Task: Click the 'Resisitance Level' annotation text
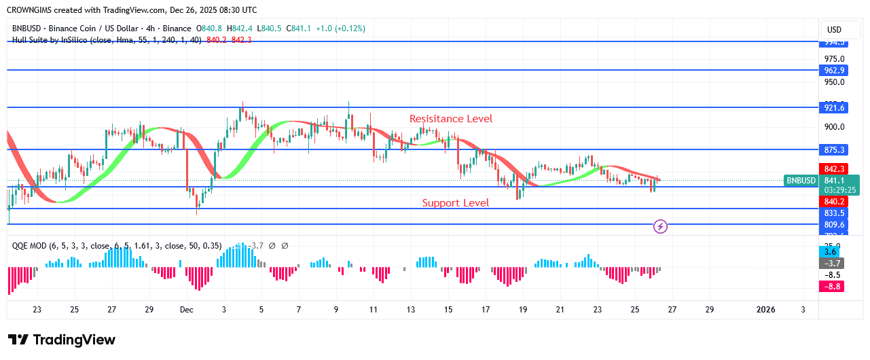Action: [x=451, y=119]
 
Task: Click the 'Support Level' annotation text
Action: [x=455, y=203]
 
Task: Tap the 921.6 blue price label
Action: [x=834, y=108]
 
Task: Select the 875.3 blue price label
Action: [x=834, y=150]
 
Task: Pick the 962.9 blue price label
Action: [x=834, y=71]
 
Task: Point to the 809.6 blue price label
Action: [x=834, y=225]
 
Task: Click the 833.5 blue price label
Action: [x=834, y=213]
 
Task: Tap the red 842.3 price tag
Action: [x=834, y=169]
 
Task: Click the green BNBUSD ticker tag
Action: [x=800, y=181]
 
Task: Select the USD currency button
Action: [x=834, y=30]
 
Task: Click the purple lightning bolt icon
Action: [x=659, y=226]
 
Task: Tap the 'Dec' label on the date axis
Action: [x=187, y=310]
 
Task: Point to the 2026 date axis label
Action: [x=765, y=310]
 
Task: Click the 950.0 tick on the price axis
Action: [x=834, y=82]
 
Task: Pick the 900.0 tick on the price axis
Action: [x=834, y=127]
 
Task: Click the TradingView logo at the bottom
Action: [x=62, y=340]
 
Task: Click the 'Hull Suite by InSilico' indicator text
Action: [x=57, y=40]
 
